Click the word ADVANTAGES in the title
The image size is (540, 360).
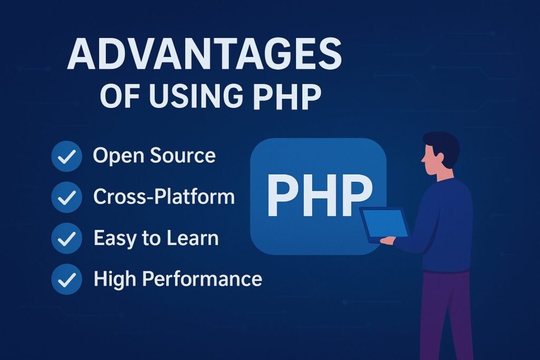click(204, 54)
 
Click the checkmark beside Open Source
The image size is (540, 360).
click(66, 156)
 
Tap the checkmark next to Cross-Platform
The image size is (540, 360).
click(66, 197)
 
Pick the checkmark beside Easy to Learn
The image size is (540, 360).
click(66, 238)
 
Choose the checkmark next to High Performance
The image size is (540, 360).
click(66, 279)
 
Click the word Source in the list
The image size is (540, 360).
click(183, 155)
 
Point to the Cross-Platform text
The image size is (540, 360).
click(164, 197)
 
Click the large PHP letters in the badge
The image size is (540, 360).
click(319, 195)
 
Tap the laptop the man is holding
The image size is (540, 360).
click(383, 225)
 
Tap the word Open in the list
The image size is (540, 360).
click(119, 156)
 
